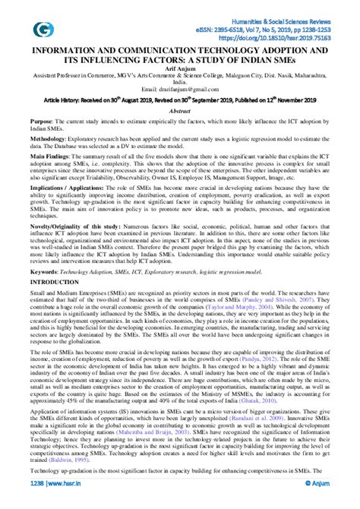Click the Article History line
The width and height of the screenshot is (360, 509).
179,111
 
